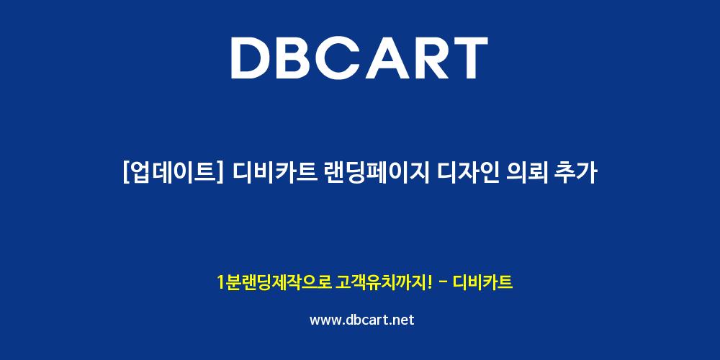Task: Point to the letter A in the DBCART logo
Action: tap(387, 58)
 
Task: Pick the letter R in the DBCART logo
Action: tap(431, 58)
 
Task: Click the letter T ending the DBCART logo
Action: tap(469, 58)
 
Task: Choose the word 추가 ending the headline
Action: tap(577, 174)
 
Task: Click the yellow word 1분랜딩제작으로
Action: tap(275, 282)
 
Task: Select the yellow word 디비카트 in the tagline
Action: tap(482, 282)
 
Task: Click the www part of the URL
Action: tap(325, 320)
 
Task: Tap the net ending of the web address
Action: tap(404, 320)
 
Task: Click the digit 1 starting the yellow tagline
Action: tap(221, 282)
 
